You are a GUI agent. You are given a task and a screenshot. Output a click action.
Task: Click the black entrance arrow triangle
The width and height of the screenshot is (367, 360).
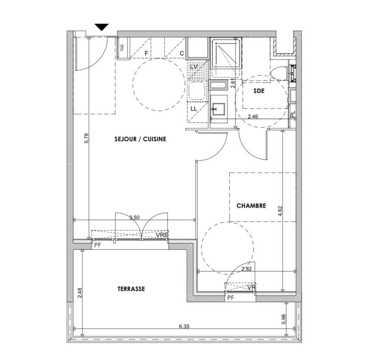(x=102, y=27)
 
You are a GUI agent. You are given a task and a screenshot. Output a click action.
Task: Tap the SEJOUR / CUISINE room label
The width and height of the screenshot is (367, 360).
(x=140, y=139)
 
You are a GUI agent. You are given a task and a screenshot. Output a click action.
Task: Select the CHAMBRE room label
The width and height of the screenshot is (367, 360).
(x=251, y=205)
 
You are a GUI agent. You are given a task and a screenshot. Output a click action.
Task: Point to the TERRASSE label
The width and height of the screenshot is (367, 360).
(x=131, y=288)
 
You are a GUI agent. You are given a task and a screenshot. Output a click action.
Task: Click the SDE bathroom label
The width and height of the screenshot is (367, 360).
(x=259, y=91)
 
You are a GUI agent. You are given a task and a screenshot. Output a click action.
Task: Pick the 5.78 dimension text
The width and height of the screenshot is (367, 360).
(x=86, y=138)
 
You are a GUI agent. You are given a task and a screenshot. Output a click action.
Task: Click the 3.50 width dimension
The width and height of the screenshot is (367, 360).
(x=134, y=217)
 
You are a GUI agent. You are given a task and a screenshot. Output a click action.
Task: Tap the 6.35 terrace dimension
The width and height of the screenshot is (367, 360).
(x=184, y=326)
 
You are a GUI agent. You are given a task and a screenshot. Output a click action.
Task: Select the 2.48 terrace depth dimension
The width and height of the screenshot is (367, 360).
(x=79, y=293)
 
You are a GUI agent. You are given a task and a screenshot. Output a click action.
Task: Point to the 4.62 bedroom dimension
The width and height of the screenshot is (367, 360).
(x=280, y=211)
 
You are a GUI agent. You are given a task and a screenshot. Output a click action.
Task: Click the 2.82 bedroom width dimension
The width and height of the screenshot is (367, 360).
(x=246, y=269)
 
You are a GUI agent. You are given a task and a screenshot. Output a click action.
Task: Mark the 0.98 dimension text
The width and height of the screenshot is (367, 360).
(x=284, y=319)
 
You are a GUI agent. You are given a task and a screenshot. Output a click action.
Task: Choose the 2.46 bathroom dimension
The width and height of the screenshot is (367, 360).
(x=253, y=116)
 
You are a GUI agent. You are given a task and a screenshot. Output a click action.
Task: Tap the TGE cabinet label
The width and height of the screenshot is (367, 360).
(x=122, y=48)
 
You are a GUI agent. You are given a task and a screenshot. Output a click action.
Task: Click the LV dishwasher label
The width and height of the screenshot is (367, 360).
(x=194, y=67)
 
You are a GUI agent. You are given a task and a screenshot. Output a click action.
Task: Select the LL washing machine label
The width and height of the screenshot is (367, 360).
(x=194, y=109)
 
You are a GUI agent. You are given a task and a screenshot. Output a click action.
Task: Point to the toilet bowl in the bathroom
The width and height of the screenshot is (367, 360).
(x=279, y=73)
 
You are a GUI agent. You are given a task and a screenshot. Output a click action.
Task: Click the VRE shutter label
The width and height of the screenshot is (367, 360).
(x=162, y=235)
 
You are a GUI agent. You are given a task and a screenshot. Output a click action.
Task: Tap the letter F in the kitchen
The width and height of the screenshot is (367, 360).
(x=146, y=54)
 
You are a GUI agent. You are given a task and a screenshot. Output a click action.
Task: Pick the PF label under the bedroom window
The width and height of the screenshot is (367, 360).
(x=231, y=298)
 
